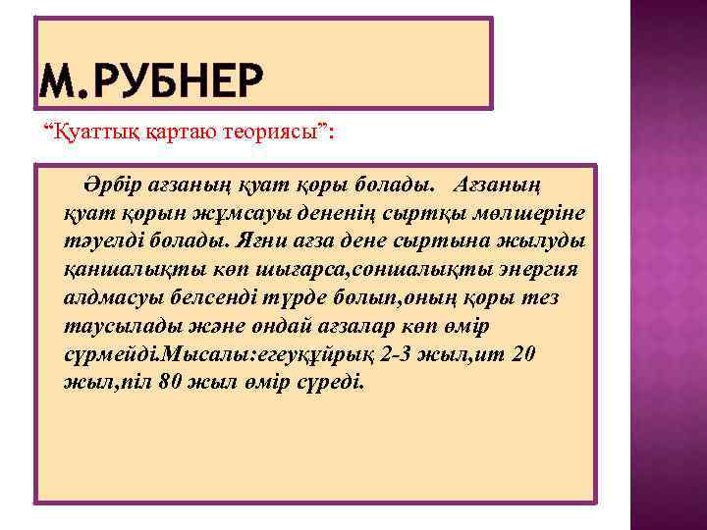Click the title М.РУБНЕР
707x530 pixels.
152,79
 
